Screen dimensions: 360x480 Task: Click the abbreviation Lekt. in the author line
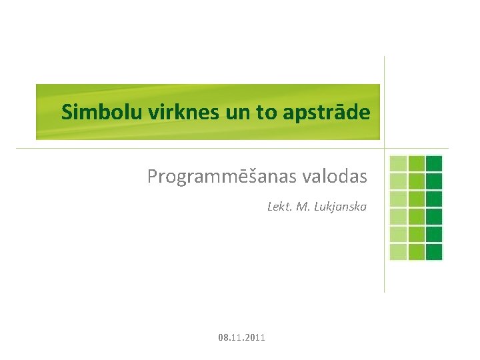click(279, 207)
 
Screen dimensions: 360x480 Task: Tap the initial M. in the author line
click(302, 207)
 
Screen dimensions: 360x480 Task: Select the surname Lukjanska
click(340, 207)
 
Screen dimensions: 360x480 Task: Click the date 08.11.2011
click(241, 338)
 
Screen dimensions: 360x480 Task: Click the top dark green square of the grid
click(434, 163)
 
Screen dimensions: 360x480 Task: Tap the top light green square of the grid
click(398, 163)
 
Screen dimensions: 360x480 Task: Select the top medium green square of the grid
click(416, 163)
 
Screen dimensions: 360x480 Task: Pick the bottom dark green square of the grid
click(434, 251)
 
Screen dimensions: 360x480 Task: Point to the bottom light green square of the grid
click(398, 251)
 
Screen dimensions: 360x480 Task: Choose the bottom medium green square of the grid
click(416, 251)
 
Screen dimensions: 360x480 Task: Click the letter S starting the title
click(66, 112)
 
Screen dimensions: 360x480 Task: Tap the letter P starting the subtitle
click(153, 177)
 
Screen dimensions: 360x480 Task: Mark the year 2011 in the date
click(255, 338)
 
